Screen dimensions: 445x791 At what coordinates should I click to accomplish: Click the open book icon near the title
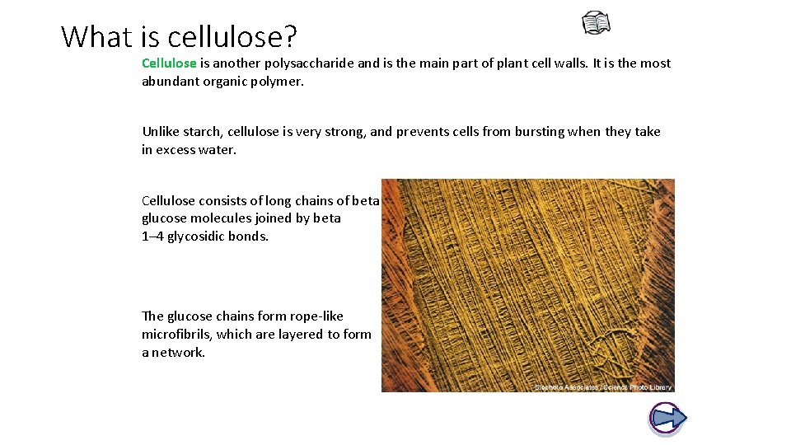597,23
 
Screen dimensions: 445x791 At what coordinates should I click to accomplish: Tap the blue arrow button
667,418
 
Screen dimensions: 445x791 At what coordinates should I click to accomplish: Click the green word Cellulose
169,63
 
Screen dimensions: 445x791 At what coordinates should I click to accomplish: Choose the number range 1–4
152,237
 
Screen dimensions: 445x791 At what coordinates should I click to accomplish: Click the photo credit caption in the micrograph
603,386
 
